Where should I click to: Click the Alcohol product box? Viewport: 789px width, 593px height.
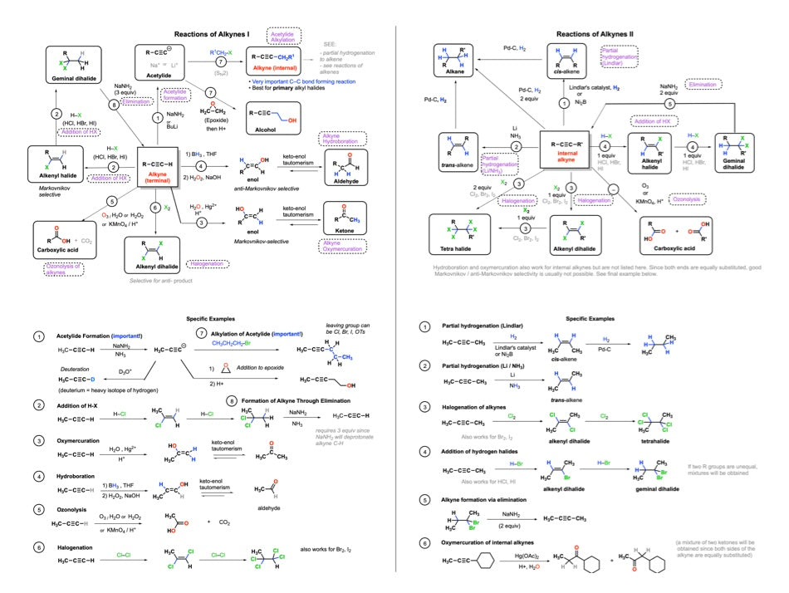point(277,113)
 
